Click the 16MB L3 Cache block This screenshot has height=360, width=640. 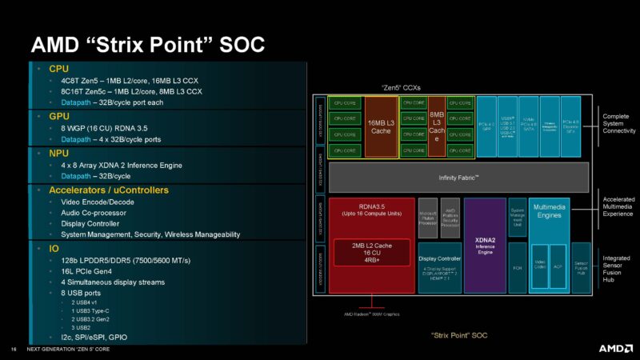382,126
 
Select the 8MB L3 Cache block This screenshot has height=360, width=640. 436,126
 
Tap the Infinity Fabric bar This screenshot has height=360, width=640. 458,177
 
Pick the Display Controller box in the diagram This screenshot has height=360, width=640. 439,268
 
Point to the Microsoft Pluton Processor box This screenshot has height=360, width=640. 428,218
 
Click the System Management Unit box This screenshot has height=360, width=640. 517,217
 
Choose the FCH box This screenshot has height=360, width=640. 517,267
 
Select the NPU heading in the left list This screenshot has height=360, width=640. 60,153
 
